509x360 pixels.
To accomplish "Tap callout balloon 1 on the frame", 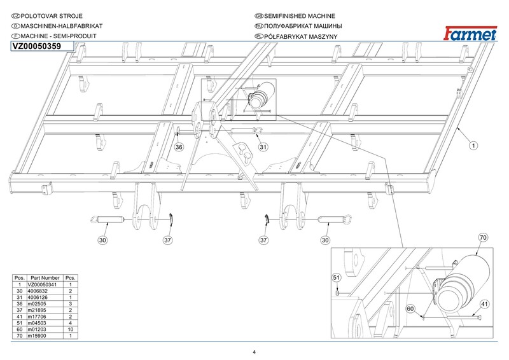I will point(473,146).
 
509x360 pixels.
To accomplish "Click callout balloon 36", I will point(179,148).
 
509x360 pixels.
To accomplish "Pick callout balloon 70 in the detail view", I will point(483,237).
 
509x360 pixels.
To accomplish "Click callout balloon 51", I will point(337,278).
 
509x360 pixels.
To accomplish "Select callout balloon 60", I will point(410,308).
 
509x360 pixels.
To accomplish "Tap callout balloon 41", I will point(484,303).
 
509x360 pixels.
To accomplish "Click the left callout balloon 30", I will point(103,240).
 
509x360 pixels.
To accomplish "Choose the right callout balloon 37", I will point(263,240).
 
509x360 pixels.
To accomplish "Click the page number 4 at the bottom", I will point(254,352).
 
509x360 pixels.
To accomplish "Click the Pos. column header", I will point(20,278).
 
